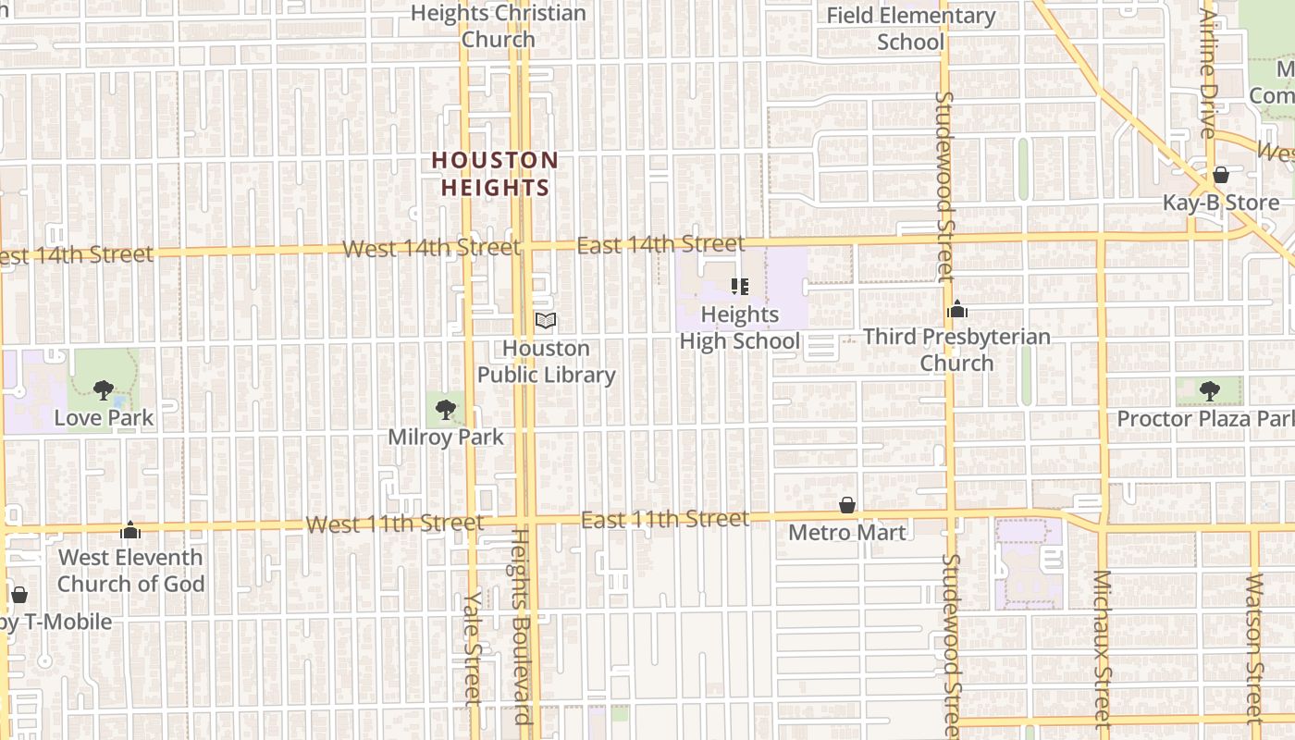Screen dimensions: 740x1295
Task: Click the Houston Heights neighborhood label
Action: point(495,174)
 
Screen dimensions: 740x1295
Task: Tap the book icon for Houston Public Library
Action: point(546,321)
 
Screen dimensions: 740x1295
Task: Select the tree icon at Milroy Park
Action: point(446,409)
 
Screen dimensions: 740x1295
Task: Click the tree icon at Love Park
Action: point(104,389)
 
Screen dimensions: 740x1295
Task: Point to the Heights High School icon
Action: point(739,286)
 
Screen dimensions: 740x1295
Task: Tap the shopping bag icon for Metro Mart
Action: point(846,505)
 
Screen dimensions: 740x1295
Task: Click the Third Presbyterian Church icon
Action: point(957,309)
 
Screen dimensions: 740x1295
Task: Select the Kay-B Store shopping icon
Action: point(1221,175)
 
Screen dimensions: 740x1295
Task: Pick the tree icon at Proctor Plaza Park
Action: point(1209,390)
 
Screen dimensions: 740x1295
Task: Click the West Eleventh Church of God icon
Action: point(130,530)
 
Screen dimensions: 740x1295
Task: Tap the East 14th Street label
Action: point(660,244)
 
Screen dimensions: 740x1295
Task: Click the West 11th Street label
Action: point(394,524)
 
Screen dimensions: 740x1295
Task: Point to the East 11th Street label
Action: point(665,520)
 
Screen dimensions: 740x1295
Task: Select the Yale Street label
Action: point(473,647)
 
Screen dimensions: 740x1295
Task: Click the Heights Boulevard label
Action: point(522,626)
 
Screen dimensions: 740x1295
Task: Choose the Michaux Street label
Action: point(1101,647)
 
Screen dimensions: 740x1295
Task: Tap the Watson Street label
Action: point(1254,647)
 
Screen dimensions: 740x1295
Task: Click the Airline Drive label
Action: point(1208,74)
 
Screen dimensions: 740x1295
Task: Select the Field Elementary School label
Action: point(910,29)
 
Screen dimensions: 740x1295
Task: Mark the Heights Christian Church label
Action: point(499,26)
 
